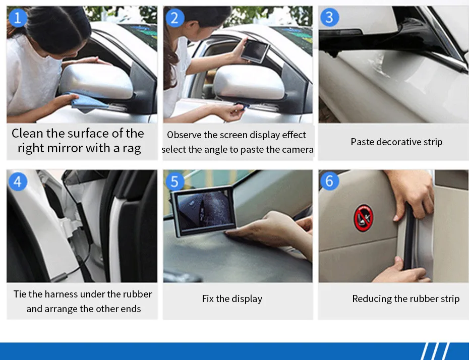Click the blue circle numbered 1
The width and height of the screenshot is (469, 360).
18,18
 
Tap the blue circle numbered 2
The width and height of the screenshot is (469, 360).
174,18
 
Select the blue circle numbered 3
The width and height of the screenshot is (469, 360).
330,17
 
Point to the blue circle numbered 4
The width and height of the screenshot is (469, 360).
18,182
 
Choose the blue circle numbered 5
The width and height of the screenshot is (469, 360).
174,182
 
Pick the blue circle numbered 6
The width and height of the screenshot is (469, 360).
329,181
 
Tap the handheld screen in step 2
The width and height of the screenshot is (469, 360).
255,51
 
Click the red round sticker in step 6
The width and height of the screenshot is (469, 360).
364,218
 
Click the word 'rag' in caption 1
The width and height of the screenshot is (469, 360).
132,149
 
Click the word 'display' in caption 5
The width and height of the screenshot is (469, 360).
247,298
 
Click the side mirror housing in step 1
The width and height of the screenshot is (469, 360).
96,81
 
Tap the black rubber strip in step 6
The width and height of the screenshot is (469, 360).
409,236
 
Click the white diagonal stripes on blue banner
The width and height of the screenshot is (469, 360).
435,351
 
